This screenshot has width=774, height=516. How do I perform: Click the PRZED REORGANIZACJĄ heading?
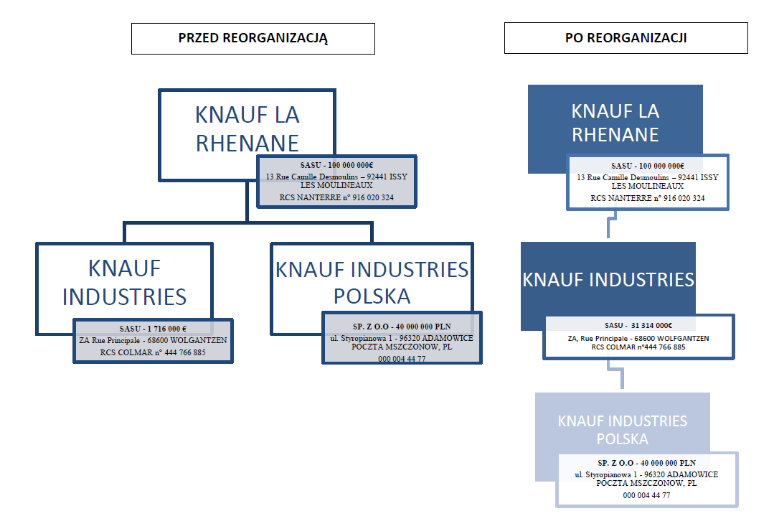click(x=253, y=38)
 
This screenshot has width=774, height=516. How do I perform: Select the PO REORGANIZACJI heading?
click(x=626, y=38)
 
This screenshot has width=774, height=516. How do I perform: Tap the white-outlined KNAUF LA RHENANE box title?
click(x=247, y=129)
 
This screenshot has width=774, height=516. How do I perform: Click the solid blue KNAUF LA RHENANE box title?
click(x=615, y=123)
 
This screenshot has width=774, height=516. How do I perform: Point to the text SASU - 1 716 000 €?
click(x=153, y=329)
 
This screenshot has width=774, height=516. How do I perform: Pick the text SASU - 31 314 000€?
click(x=638, y=325)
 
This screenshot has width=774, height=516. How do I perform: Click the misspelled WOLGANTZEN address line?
click(x=153, y=341)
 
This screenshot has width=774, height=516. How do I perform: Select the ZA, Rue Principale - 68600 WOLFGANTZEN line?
click(x=638, y=338)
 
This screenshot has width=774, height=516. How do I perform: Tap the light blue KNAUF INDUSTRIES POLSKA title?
click(x=623, y=430)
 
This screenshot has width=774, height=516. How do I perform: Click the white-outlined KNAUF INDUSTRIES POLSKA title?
click(x=372, y=283)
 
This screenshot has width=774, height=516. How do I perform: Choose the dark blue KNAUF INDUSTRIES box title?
click(x=608, y=279)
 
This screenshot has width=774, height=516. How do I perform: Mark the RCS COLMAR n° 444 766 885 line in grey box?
click(x=153, y=352)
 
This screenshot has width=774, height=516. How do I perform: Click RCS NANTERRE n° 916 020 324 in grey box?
click(x=336, y=197)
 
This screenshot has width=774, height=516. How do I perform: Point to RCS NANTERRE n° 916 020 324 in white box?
click(x=648, y=198)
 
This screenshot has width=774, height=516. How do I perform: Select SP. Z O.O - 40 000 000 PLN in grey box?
click(x=402, y=327)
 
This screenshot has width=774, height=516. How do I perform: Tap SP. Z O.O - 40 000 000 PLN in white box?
click(x=646, y=463)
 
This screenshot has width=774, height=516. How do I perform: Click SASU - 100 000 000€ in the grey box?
click(x=336, y=165)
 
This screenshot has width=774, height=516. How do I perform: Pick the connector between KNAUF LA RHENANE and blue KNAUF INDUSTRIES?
click(x=612, y=225)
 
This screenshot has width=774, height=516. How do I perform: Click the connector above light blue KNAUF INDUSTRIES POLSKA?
click(x=616, y=374)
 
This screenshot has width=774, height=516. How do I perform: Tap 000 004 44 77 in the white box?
click(x=646, y=495)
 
